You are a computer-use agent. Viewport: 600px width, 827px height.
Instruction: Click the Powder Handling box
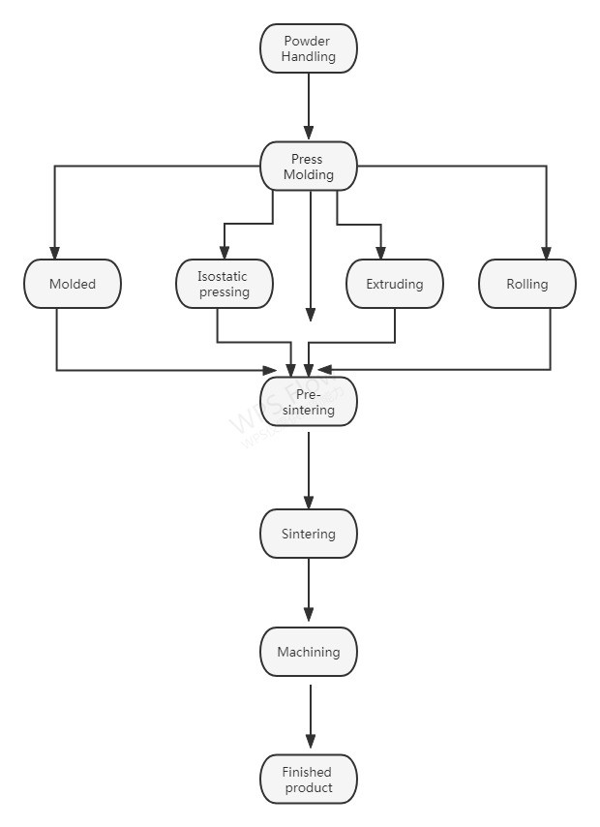tap(309, 48)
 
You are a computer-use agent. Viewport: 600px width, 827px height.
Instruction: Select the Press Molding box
tap(309, 167)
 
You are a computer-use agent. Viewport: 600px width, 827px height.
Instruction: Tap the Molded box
tap(73, 284)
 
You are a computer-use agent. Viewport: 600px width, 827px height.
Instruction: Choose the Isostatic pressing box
tap(224, 284)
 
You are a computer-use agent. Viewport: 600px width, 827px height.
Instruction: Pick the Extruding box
tap(395, 284)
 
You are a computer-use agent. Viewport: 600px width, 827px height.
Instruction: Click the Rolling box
tap(527, 284)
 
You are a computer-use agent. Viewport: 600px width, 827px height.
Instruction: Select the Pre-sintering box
tap(309, 402)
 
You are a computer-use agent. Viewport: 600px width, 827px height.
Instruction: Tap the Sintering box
tap(309, 534)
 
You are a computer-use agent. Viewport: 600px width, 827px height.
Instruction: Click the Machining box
tap(309, 652)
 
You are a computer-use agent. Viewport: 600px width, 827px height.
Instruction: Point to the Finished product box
tap(309, 780)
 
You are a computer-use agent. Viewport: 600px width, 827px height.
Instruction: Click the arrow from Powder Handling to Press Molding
tap(309, 107)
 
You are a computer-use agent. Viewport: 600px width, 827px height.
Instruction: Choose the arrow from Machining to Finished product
tap(310, 717)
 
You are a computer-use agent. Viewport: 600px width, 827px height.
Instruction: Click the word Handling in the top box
tap(309, 56)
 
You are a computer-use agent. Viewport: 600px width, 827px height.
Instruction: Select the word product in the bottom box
tap(309, 787)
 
